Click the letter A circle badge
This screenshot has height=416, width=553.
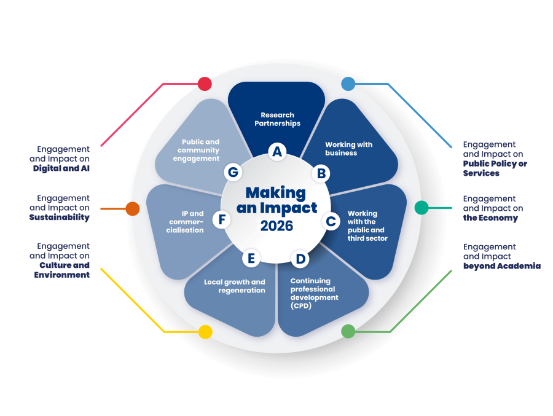pos(277,151)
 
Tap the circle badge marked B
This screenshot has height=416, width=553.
pos(321,173)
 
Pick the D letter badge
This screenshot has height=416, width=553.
pos(299,259)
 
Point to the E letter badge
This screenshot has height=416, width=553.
pos(251,259)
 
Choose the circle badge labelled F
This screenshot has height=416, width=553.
pos(221,219)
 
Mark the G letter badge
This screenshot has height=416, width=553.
pos(233,173)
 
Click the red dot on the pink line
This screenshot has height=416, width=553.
pos(205,84)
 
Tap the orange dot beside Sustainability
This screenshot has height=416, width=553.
pos(133,208)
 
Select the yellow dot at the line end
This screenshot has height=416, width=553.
pos(205,332)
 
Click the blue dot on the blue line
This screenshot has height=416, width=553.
pos(348,84)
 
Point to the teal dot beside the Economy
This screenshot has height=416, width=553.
pos(422,208)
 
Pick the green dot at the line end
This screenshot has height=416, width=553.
pos(348,331)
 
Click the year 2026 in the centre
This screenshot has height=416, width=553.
pos(276,226)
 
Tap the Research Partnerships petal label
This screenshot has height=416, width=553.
pos(277,119)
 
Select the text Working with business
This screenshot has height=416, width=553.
pos(348,149)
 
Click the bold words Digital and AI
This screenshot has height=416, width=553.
pos(61,168)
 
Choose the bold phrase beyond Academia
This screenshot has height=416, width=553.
pos(501,266)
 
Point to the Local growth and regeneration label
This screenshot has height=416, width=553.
pos(235,286)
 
